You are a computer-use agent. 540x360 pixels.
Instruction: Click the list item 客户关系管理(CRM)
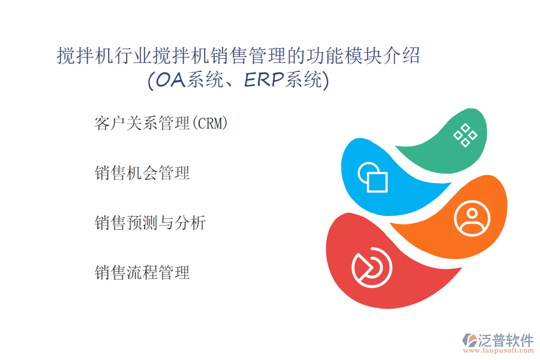(x=161, y=124)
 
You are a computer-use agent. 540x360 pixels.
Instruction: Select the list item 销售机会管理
(x=142, y=173)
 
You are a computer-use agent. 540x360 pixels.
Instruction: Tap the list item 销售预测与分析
(x=150, y=223)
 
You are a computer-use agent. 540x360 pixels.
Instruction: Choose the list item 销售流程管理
(x=142, y=272)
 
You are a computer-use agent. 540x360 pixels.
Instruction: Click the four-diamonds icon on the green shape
(x=465, y=135)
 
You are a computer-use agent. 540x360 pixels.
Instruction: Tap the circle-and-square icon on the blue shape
(x=373, y=177)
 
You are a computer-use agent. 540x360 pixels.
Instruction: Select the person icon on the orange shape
(x=472, y=218)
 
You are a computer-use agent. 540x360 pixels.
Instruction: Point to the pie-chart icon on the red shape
(x=372, y=268)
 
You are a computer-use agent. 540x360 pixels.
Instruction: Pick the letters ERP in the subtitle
(x=264, y=80)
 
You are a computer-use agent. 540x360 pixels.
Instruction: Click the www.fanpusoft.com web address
(x=499, y=350)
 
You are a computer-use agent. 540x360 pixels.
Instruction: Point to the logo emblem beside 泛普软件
(x=470, y=340)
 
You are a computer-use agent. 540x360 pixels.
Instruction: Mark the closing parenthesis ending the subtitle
(x=326, y=80)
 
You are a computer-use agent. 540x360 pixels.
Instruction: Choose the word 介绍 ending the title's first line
(x=401, y=55)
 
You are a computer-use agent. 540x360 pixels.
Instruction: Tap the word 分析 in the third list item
(x=190, y=223)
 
